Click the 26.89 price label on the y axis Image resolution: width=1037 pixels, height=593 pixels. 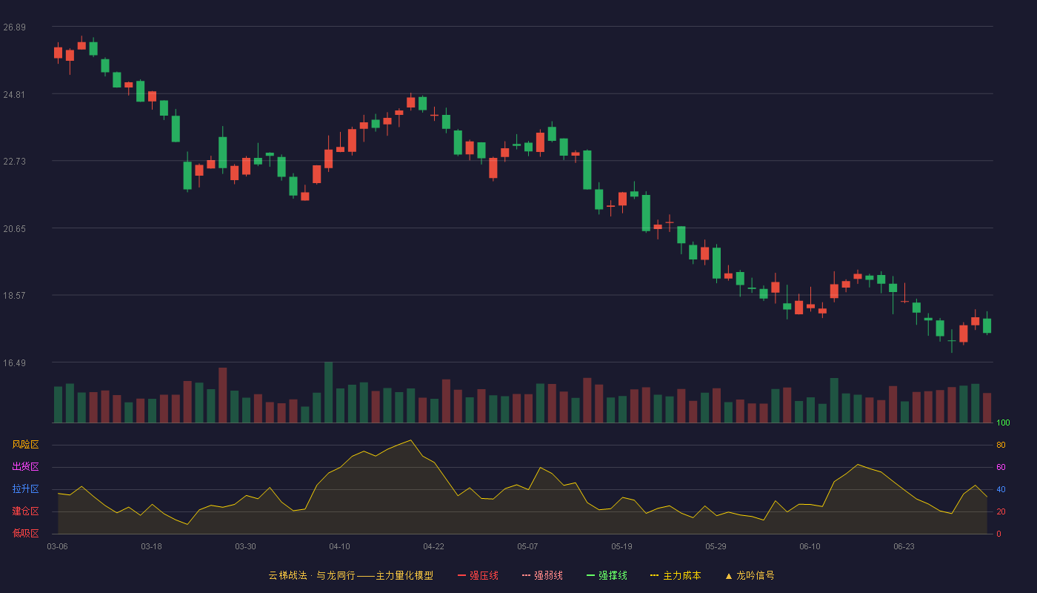click(x=14, y=27)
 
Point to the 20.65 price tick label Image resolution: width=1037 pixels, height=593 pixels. click(x=14, y=229)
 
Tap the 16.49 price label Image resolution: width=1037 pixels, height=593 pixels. click(x=14, y=363)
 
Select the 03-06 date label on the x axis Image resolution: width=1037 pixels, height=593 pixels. click(x=58, y=547)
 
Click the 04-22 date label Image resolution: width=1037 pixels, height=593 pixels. click(x=433, y=547)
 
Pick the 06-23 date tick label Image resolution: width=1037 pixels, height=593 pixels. click(x=904, y=547)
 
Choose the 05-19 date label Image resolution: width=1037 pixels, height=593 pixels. click(x=621, y=547)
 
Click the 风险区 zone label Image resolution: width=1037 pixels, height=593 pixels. click(x=25, y=445)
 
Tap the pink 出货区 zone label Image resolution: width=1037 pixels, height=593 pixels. click(x=25, y=466)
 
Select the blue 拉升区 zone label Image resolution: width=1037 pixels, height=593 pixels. click(x=25, y=488)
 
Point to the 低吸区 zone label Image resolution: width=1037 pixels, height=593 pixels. click(x=25, y=533)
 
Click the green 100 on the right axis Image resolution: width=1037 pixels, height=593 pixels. click(x=1003, y=423)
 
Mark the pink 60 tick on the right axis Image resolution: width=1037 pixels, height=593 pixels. click(x=1001, y=467)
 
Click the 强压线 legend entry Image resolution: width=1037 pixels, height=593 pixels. click(x=478, y=575)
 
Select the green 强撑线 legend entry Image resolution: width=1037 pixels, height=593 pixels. click(x=607, y=575)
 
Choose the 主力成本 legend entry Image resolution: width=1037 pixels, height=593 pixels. click(x=676, y=575)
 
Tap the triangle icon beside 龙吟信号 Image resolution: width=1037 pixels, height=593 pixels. click(x=729, y=577)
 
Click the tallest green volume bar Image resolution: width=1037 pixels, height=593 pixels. click(x=329, y=392)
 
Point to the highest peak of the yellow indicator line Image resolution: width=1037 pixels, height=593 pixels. click(x=410, y=440)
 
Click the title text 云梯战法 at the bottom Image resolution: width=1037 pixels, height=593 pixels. click(x=288, y=575)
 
